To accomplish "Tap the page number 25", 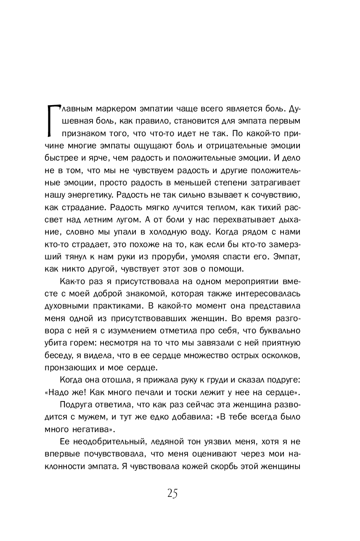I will coord(172,493).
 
